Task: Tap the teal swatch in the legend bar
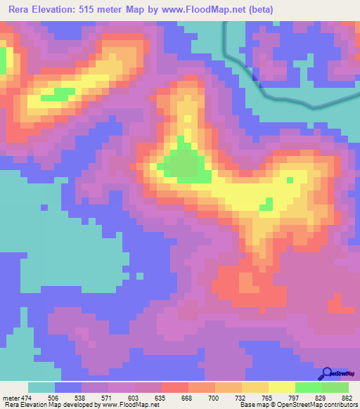41,387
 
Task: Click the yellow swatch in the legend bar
282,387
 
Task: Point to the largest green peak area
186,165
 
